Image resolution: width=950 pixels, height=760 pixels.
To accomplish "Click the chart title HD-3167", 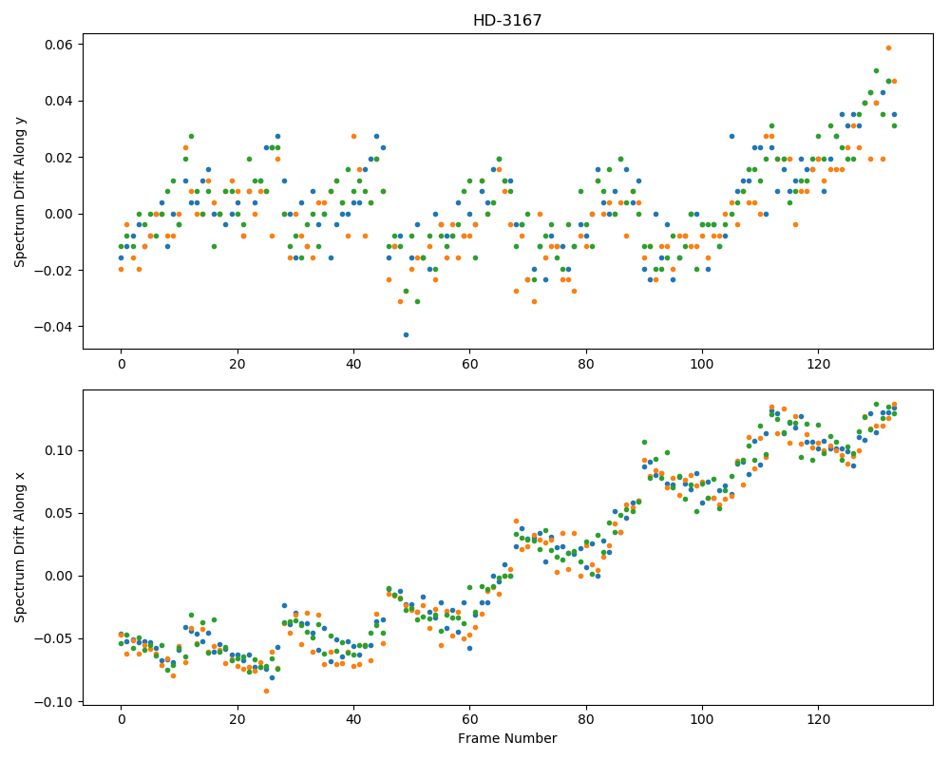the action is (507, 21).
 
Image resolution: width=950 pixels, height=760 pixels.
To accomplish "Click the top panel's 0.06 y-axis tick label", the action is (59, 45).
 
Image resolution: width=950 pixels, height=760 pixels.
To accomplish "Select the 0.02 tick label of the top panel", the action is (59, 158).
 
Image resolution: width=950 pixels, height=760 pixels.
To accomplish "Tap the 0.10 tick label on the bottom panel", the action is (59, 450).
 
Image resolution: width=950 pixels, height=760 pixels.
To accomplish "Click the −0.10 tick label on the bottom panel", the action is (54, 702).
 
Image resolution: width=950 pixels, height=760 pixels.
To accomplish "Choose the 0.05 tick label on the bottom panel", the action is (59, 513).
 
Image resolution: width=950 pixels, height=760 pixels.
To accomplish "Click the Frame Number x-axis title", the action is (507, 738).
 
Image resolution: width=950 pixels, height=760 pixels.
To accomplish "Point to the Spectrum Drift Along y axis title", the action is (20, 192).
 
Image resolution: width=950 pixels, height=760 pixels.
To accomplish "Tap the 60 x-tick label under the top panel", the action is (469, 364).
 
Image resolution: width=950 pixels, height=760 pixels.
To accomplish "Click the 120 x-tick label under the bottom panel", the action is (819, 719).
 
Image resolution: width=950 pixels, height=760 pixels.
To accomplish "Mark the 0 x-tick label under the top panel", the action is (122, 364).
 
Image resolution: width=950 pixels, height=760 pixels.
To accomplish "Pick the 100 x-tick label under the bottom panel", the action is (702, 719).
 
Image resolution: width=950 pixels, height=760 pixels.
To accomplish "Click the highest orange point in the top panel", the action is (888, 47).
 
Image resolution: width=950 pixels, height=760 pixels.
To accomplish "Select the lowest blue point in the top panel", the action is (406, 334).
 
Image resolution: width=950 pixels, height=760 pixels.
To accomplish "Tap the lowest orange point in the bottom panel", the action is (266, 691).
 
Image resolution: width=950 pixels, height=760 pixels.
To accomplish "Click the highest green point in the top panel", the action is (876, 71).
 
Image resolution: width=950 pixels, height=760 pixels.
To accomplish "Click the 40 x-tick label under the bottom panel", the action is (353, 719).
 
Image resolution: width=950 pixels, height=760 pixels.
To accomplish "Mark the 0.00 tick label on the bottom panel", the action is (59, 576).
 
